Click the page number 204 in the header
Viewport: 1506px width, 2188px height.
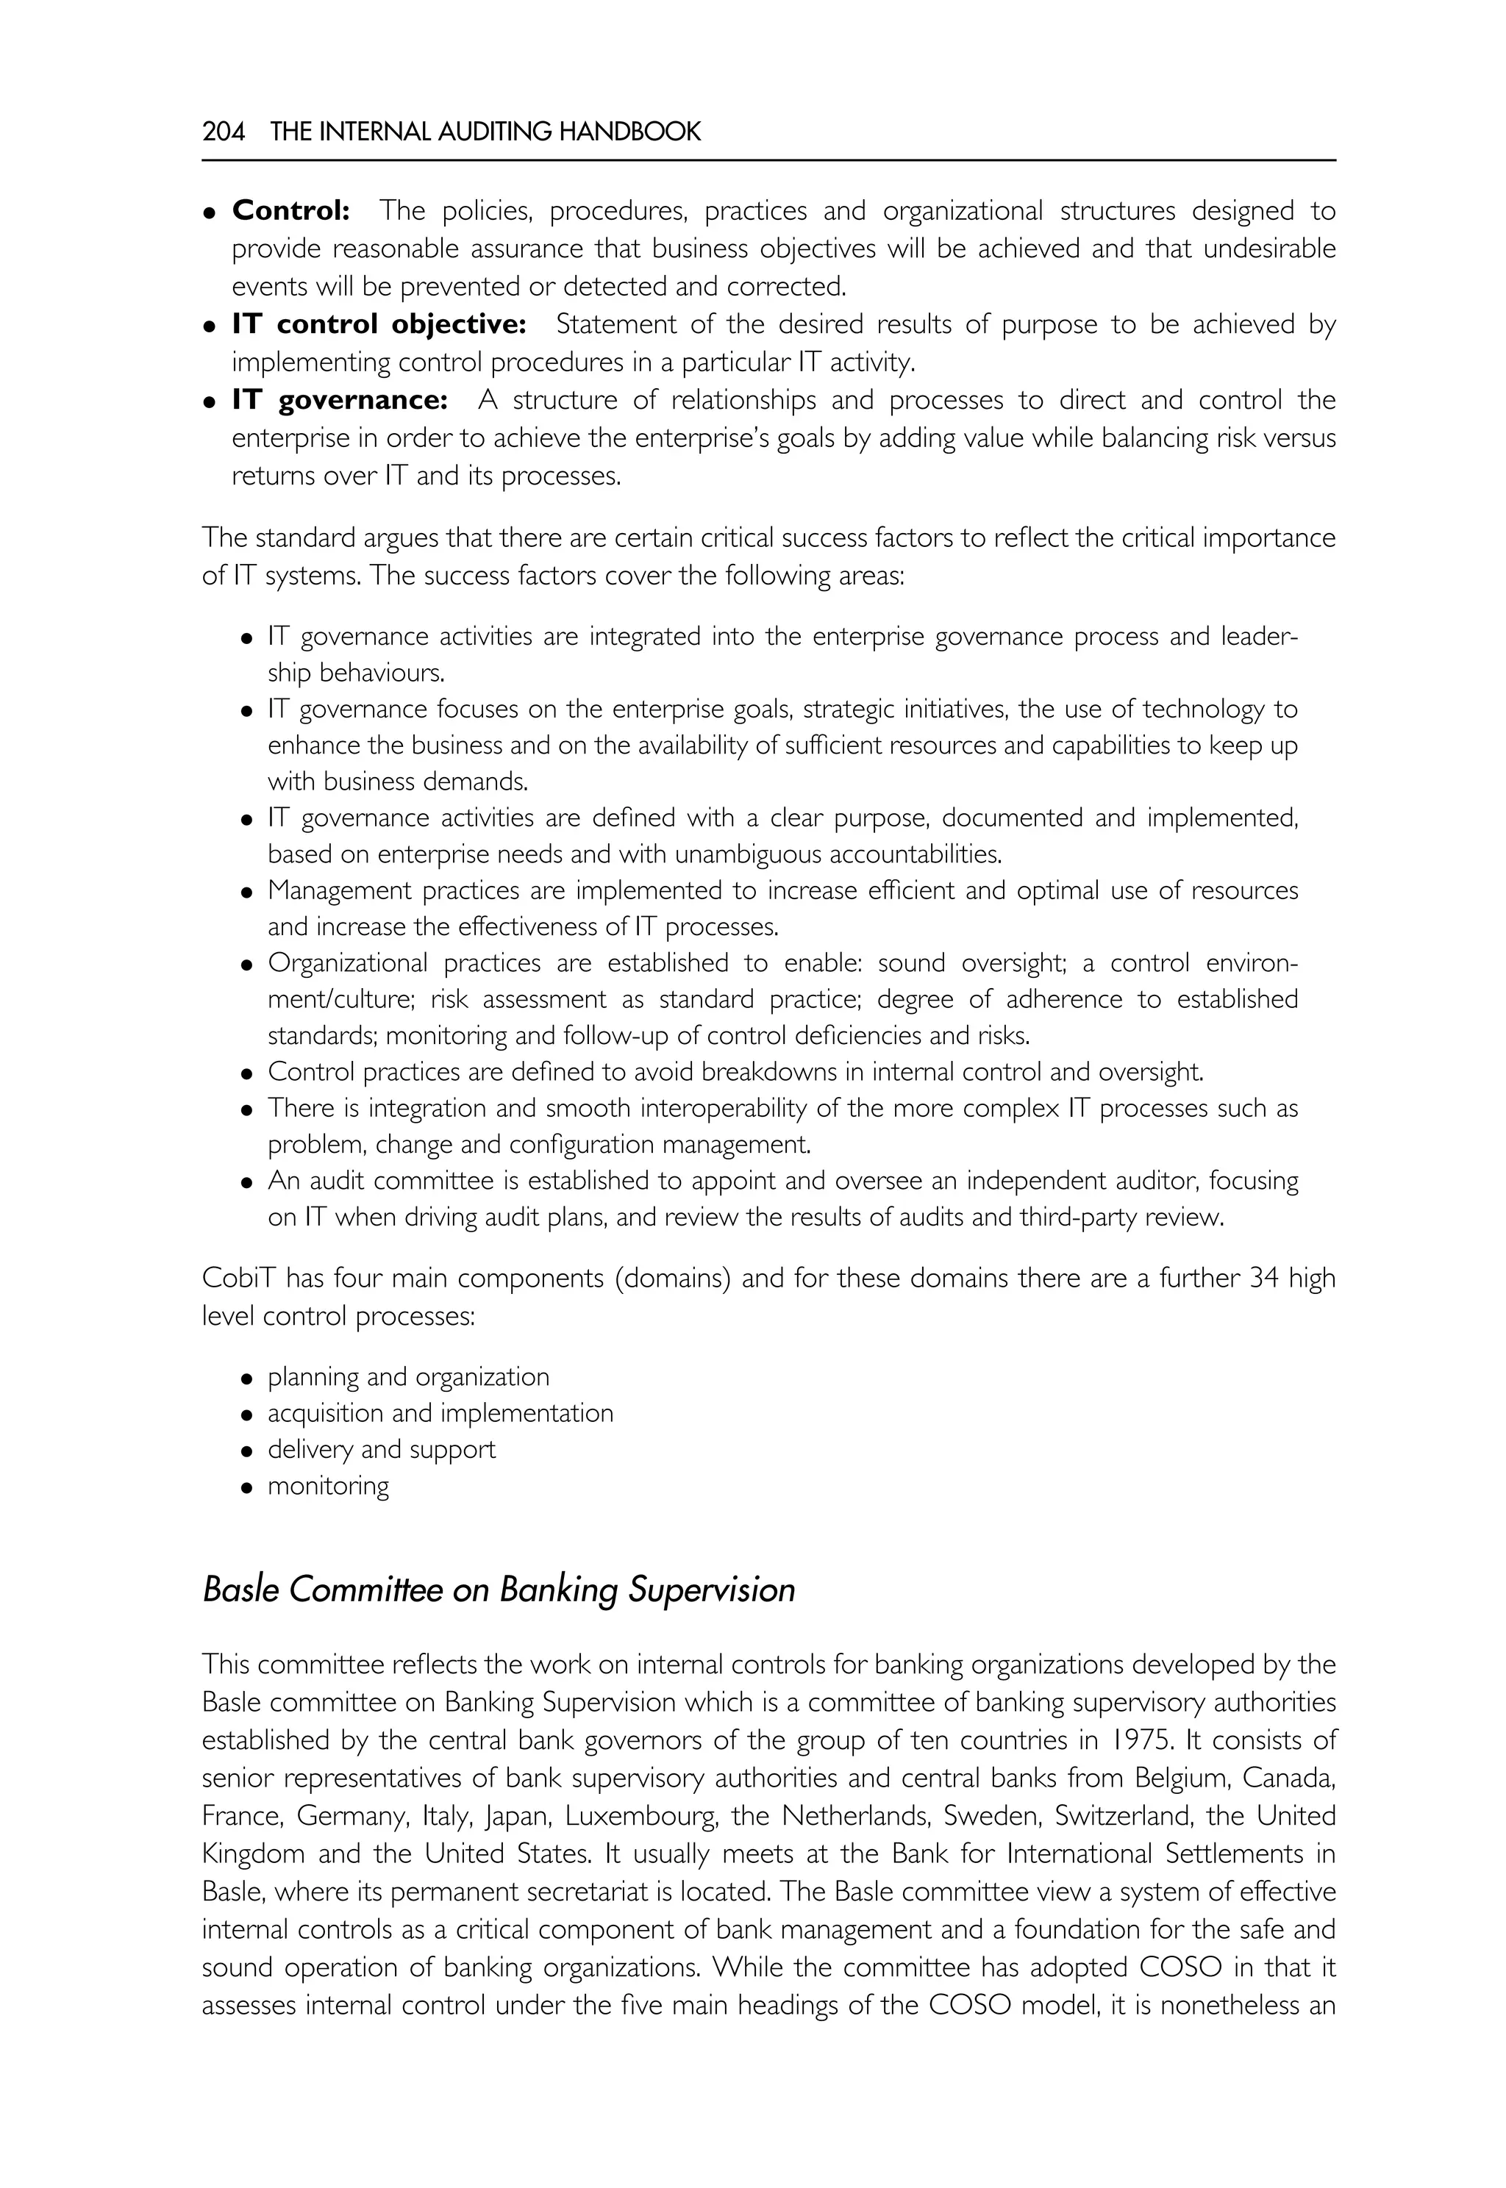(x=224, y=132)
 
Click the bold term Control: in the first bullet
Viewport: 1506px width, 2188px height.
(x=290, y=210)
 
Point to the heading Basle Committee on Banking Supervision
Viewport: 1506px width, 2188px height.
(x=499, y=1590)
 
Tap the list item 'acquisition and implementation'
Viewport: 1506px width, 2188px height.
(x=440, y=1412)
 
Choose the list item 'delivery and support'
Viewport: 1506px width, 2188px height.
(x=381, y=1449)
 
